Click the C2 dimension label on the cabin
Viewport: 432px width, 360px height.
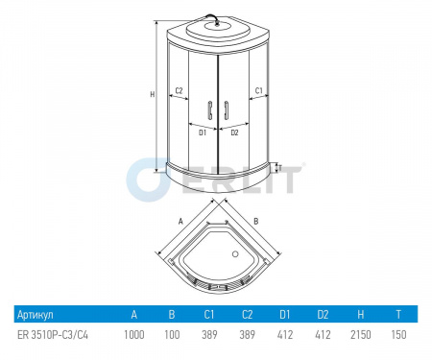click(179, 90)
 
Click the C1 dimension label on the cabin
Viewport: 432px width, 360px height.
click(258, 90)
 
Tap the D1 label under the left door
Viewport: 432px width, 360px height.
click(203, 132)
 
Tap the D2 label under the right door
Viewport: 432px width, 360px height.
click(234, 132)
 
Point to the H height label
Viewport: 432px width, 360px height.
click(153, 94)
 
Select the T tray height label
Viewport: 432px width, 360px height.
click(280, 168)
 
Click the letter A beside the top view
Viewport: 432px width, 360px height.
click(180, 221)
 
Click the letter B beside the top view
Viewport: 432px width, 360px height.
click(256, 221)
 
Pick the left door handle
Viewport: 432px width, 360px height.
click(210, 110)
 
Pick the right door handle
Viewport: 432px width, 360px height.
click(227, 110)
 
